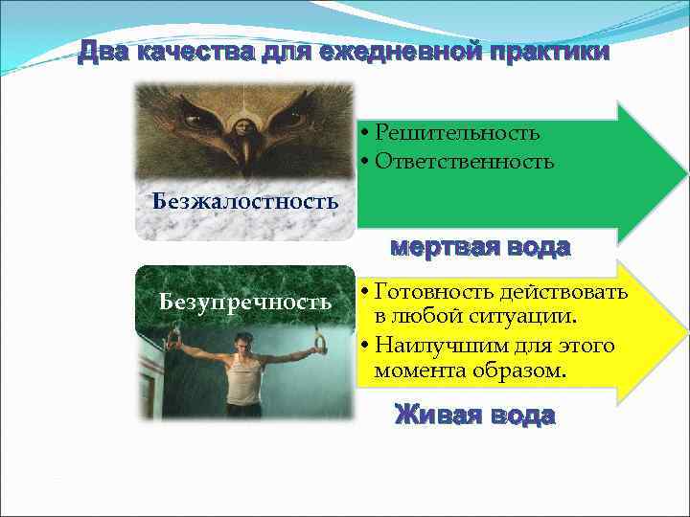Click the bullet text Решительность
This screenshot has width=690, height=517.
pyautogui.click(x=457, y=132)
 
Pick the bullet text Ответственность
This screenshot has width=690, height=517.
pyautogui.click(x=464, y=162)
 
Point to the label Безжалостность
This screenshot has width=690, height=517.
pyautogui.click(x=246, y=201)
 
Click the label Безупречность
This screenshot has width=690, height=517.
pyautogui.click(x=245, y=303)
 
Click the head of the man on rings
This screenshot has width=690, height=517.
pyautogui.click(x=243, y=342)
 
